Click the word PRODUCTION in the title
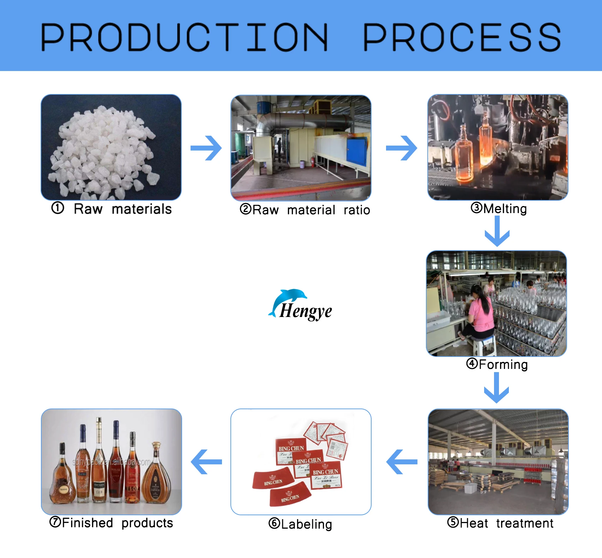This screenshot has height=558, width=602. pos(184,37)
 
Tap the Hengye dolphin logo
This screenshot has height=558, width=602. pos(300,305)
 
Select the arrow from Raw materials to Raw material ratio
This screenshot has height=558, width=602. pos(206,148)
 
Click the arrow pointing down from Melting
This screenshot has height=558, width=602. pos(497,231)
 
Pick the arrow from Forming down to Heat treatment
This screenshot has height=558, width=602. pos(496,388)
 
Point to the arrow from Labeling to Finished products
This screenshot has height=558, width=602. pos(206,462)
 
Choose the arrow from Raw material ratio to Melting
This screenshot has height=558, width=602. pos(402,148)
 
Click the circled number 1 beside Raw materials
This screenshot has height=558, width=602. pos(58,208)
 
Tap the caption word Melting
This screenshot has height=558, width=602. pos(505,208)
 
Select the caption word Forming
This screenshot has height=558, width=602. pos(503,364)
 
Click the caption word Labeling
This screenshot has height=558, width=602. pos(307,524)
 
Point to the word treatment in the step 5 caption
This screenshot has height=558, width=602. pos(525,523)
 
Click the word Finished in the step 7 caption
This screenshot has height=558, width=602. pos(88,523)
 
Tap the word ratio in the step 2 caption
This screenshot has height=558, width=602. pos(357,210)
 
